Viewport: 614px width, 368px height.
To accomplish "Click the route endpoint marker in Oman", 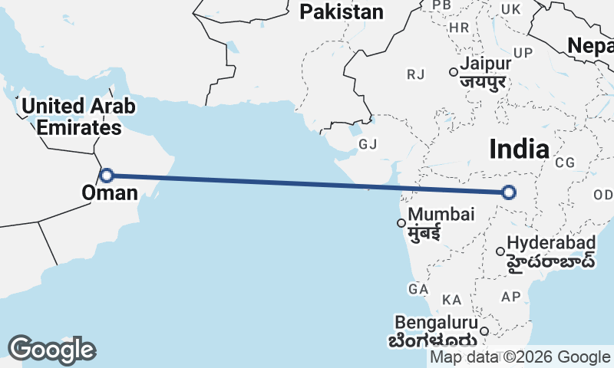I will pos(107,175).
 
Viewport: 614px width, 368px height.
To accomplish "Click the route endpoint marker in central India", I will pos(508,192).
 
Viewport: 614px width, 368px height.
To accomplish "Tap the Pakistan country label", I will pos(342,11).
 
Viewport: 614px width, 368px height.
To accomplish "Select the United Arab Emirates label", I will pos(71,116).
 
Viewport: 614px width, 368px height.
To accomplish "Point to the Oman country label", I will pos(110,192).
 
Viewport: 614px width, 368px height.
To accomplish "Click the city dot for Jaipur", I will pos(454,73).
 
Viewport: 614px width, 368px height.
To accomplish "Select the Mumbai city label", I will pos(436,215).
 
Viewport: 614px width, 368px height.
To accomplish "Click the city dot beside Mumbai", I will pos(401,223).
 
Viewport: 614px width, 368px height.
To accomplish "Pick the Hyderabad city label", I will pos(551,243).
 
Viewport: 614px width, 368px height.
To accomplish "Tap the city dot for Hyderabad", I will pos(500,251).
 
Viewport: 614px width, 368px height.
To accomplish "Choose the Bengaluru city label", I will pos(435,322).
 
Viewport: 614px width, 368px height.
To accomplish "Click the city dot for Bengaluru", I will pos(484,331).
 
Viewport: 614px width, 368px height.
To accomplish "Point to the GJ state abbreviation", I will pos(368,144).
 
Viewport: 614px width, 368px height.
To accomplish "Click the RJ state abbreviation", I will pos(416,74).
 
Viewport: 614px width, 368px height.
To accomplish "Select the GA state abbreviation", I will pos(418,289).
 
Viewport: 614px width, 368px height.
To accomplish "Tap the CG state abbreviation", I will pos(566,163).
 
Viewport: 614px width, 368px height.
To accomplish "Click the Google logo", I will pos(51,350).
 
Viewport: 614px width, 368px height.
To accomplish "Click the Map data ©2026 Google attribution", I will pos(520,357).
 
